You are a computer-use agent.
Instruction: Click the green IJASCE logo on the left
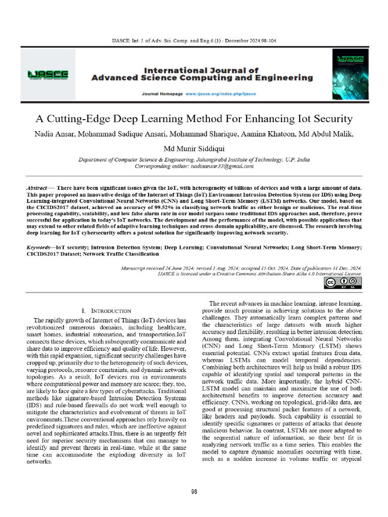tap(48, 75)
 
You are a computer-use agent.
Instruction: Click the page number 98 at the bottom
tap(194, 492)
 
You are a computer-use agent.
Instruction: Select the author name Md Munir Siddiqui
tap(194, 149)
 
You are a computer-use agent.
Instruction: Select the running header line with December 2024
tap(194, 40)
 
